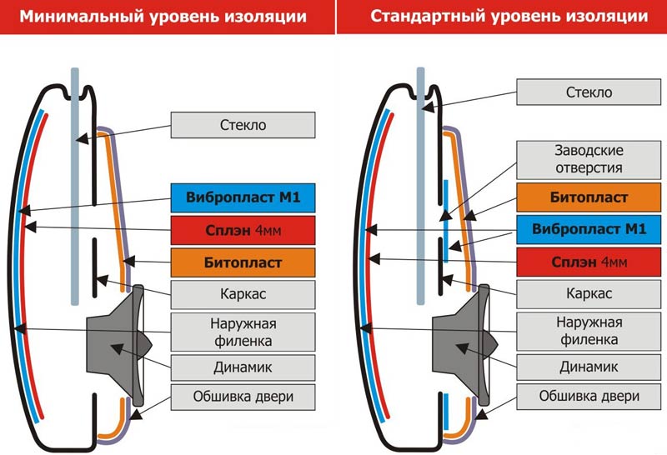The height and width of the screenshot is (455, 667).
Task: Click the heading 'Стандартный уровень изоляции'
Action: coord(509,17)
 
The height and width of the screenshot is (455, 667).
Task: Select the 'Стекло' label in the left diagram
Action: coord(243,125)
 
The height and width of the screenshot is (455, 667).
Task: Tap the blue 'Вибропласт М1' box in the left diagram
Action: coord(243,197)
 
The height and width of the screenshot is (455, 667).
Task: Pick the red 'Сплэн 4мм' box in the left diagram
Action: coord(243,230)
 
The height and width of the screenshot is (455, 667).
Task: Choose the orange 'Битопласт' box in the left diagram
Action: coord(243,262)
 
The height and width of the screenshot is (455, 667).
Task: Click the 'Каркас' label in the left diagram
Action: coord(243,294)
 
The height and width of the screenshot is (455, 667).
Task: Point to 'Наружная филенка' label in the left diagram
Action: coord(243,331)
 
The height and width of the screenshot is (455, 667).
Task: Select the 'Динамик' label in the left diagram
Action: coord(243,367)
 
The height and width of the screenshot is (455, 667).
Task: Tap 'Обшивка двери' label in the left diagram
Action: coord(243,396)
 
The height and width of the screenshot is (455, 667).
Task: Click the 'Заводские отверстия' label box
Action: coord(589,158)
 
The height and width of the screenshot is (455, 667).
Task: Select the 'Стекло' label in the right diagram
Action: coord(589,92)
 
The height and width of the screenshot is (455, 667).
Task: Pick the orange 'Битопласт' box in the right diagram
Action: coord(589,197)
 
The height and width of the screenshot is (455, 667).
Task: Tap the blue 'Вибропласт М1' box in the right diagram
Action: coord(589,229)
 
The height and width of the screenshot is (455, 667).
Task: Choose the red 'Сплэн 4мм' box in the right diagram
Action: coord(589,262)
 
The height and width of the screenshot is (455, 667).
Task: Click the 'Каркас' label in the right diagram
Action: coord(589,294)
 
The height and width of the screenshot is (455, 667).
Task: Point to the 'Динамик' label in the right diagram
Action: coord(589,367)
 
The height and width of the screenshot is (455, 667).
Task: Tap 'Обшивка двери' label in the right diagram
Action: coord(589,396)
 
